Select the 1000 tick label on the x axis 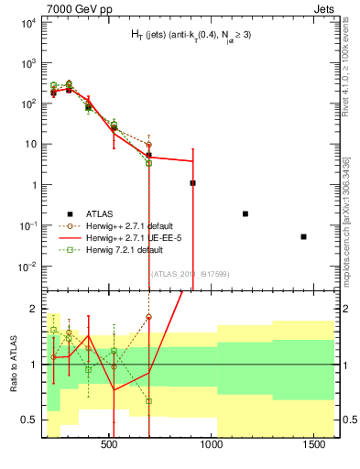click(x=213, y=444)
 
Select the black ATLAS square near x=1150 click(x=245, y=213)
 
